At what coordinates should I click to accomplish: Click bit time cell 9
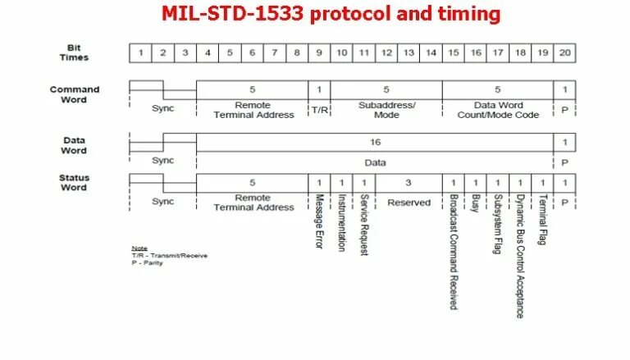319,53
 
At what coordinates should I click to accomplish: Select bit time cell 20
564,53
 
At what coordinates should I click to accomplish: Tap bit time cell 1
140,53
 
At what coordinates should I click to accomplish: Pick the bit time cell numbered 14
431,53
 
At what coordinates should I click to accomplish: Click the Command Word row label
75,95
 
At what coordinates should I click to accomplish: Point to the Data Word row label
75,145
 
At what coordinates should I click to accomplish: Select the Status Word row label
75,182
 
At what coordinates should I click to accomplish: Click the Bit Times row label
75,52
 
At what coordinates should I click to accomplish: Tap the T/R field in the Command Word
319,109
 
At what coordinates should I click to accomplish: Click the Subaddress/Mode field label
386,110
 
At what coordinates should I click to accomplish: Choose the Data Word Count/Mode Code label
498,110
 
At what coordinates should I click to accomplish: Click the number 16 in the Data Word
375,142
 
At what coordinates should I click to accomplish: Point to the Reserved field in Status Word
408,202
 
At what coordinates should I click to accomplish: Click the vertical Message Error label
320,221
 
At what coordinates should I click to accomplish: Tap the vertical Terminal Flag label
543,221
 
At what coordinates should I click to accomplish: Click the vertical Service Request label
364,225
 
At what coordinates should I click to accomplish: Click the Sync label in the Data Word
163,160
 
